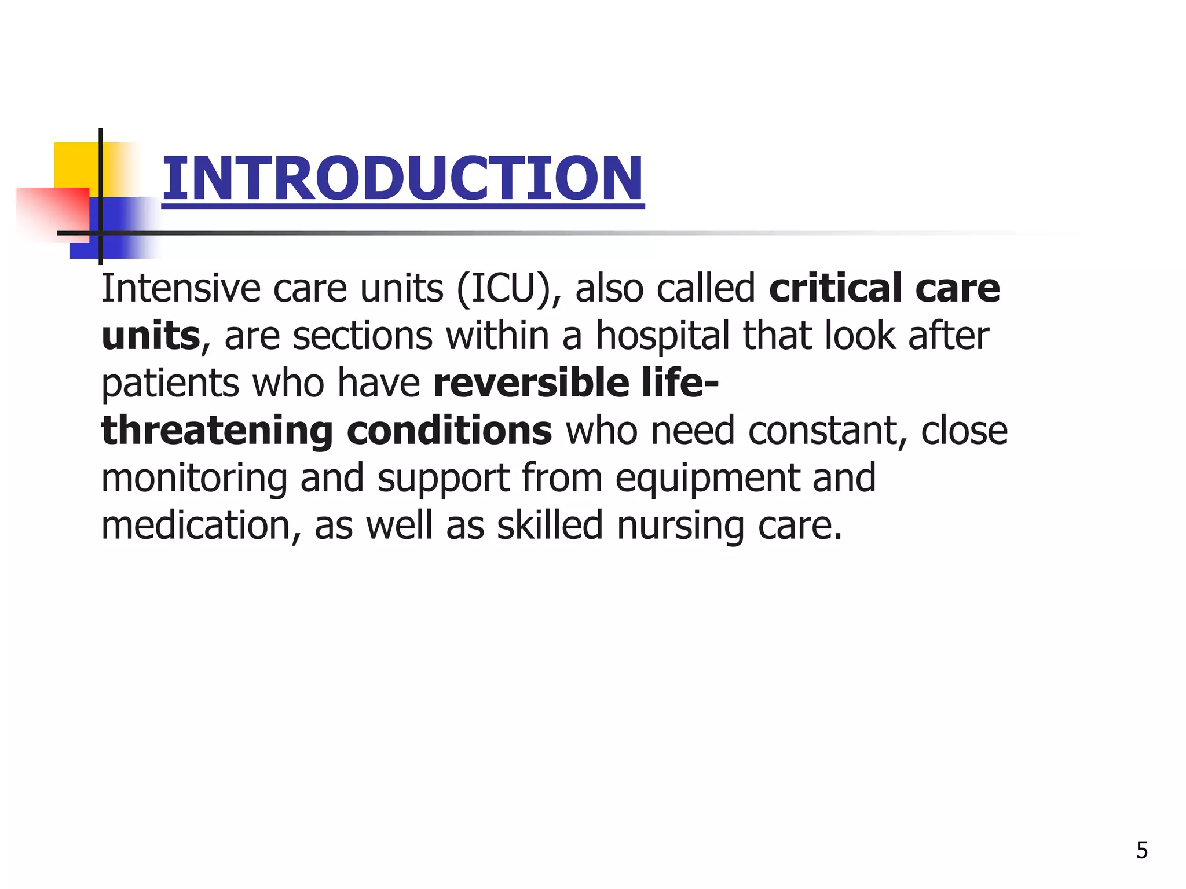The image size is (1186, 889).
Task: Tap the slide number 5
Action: (1141, 850)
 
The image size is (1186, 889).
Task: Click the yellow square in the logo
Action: (75, 164)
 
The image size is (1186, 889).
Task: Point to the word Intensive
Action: (181, 288)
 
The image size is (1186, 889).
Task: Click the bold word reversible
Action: (530, 383)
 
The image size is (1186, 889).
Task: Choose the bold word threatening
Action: (217, 432)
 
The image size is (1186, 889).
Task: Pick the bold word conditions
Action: (449, 431)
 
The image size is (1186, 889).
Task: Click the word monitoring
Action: (194, 479)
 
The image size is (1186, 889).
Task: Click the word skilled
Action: (550, 526)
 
